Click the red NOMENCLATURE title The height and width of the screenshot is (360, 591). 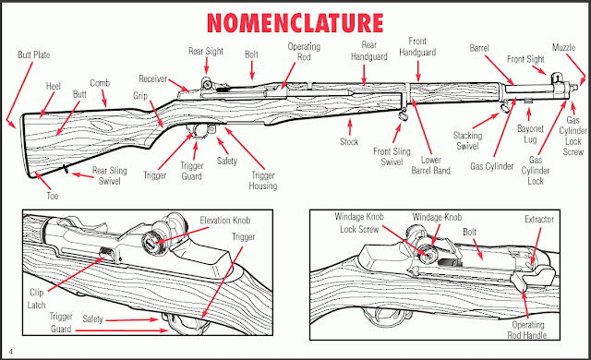[295, 23]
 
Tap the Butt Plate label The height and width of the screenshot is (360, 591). [34, 55]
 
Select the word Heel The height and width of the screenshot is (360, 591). [54, 86]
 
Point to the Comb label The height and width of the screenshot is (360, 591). [100, 83]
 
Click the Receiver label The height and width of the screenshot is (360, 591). [153, 79]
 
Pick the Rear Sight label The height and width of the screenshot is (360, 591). [206, 51]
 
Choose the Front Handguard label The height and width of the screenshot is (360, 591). [417, 47]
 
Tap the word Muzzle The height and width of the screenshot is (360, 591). [564, 47]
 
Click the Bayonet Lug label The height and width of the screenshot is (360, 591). [530, 134]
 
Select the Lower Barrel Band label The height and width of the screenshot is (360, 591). [431, 165]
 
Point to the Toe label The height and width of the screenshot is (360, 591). [53, 196]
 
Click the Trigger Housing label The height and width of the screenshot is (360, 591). [263, 181]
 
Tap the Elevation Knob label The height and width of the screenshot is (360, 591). [225, 221]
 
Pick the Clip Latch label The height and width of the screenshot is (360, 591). [37, 299]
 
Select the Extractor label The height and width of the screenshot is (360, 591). [539, 219]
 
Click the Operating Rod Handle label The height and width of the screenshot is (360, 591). [527, 330]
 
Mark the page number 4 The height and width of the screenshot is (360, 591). [11, 352]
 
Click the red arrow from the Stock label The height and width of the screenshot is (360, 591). [350, 126]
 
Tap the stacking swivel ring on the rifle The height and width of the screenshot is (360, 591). [505, 108]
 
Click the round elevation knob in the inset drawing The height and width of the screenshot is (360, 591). [153, 242]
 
